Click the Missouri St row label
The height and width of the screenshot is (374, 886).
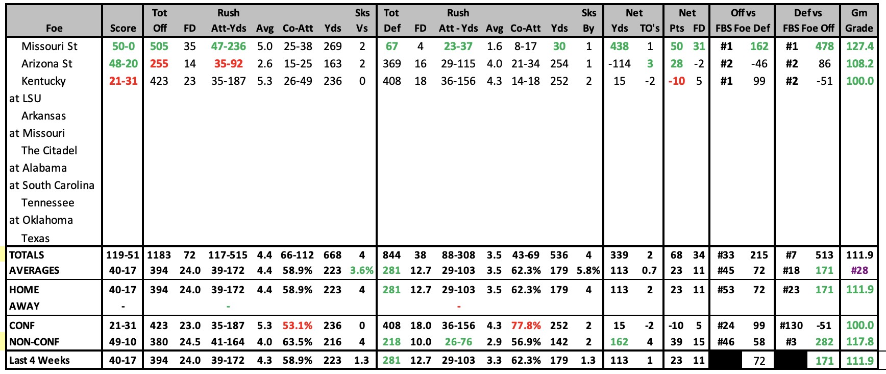coord(50,46)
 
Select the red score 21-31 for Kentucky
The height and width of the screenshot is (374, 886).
coord(123,81)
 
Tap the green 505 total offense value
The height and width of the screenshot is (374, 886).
coord(159,46)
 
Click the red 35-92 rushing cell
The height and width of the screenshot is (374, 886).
coord(228,64)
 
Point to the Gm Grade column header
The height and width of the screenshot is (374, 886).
coord(859,20)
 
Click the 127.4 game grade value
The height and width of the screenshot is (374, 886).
coord(860,46)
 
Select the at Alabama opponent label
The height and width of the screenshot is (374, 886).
coord(38,168)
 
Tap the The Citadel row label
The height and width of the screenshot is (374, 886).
coord(50,151)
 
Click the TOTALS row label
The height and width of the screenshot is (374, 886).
coord(27,255)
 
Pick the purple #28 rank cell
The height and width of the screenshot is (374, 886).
coord(859,270)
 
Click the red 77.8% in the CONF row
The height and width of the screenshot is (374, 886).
coord(526,325)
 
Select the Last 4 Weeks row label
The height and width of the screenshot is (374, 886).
coord(39,360)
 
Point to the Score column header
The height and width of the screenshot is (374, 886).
coord(123,29)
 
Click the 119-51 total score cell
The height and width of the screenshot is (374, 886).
coord(122,255)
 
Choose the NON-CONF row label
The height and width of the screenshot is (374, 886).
coord(34,342)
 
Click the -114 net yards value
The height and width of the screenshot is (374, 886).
coord(619,64)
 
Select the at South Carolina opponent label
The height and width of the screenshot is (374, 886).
coord(52,185)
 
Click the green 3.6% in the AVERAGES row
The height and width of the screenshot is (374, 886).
coord(362,270)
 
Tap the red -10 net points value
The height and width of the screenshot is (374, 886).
coord(677,81)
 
